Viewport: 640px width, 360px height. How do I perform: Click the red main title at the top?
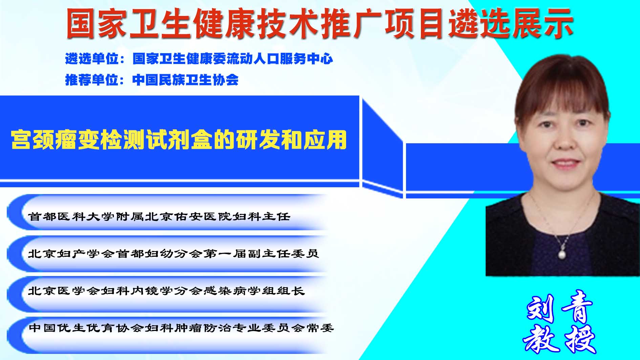pyautogui.click(x=320, y=23)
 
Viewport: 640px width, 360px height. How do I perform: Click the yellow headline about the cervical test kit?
pyautogui.click(x=179, y=139)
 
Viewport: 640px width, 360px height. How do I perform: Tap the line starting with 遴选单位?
pyautogui.click(x=199, y=59)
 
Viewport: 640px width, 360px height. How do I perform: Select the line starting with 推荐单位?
pyautogui.click(x=152, y=80)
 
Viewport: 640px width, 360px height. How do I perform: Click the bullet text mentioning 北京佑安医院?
pyautogui.click(x=159, y=216)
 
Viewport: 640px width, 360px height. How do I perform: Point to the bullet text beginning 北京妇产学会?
pyautogui.click(x=173, y=253)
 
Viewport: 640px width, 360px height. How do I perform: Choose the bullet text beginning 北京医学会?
pyautogui.click(x=166, y=291)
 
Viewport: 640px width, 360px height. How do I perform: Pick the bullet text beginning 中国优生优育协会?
pyautogui.click(x=181, y=328)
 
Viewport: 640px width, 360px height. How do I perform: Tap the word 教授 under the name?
pyautogui.click(x=559, y=339)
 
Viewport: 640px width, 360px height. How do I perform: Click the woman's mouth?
pyautogui.click(x=564, y=164)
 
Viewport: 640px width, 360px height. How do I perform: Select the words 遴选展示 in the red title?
pyautogui.click(x=511, y=23)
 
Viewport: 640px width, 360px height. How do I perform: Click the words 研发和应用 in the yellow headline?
pyautogui.click(x=292, y=139)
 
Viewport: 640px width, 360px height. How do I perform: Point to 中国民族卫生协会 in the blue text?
pyautogui.click(x=186, y=80)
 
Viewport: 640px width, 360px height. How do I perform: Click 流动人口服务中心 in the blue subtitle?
pyautogui.click(x=280, y=59)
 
